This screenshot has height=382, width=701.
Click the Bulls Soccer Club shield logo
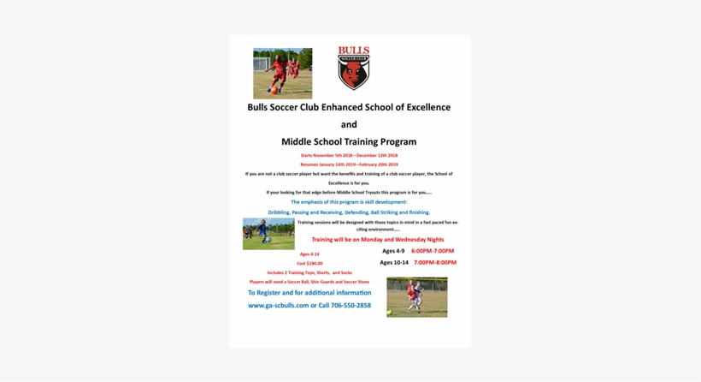tap(353, 69)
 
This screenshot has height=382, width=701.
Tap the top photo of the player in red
tap(282, 74)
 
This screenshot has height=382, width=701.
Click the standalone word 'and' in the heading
tap(349, 124)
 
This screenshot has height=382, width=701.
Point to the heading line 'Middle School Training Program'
tap(349, 141)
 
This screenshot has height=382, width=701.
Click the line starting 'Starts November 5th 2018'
tap(349, 155)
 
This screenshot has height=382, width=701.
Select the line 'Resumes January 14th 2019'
tap(349, 164)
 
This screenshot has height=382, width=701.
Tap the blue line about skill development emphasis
tap(349, 202)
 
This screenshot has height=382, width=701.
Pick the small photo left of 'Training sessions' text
tap(268, 234)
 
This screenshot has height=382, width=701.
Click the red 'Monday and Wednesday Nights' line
tap(378, 240)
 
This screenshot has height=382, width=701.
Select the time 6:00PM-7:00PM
tap(433, 251)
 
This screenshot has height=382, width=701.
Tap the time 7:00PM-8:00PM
tap(435, 262)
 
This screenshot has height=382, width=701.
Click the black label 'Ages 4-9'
tap(393, 251)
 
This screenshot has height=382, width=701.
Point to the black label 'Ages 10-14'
tap(394, 262)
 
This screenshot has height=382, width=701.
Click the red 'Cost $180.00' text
tap(309, 264)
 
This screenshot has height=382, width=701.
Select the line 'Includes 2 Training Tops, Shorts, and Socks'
tap(309, 272)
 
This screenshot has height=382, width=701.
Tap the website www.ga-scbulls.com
tap(278, 305)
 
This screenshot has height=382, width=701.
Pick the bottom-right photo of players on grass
tap(416, 297)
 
